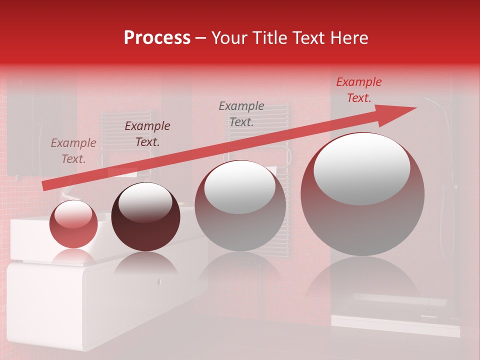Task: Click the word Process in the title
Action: coord(157,38)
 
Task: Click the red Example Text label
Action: coord(358,90)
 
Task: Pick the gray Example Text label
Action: coord(241,113)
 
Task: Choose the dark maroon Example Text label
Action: coord(147,134)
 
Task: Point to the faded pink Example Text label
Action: coord(73,151)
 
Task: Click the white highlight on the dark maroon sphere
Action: coord(145,202)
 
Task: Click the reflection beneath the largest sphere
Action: coord(362,280)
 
